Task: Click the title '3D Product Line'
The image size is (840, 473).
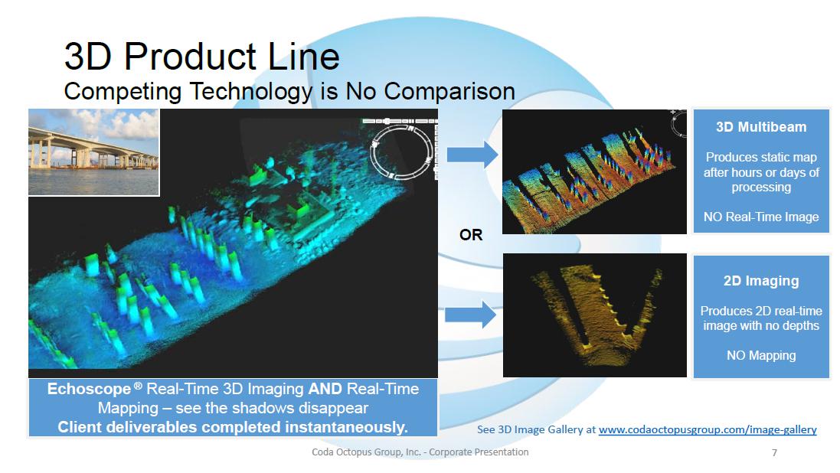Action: (x=202, y=56)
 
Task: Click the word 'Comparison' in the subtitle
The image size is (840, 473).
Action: (x=449, y=92)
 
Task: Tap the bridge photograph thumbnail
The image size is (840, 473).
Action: (x=93, y=152)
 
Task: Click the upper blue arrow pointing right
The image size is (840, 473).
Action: (x=472, y=155)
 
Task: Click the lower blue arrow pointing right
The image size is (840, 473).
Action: (x=471, y=314)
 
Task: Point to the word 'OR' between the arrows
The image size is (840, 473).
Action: (x=471, y=235)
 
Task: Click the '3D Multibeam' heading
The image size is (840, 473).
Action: (x=761, y=127)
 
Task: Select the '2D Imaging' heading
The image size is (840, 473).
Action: (x=761, y=281)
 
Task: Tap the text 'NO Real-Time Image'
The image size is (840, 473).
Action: (x=761, y=217)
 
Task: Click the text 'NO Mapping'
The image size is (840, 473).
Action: (x=761, y=356)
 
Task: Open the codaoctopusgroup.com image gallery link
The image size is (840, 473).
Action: (x=708, y=429)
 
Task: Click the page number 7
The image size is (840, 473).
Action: (x=774, y=452)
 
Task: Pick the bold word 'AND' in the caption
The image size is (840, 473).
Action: (x=325, y=389)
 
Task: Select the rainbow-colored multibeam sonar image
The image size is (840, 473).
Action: (x=595, y=171)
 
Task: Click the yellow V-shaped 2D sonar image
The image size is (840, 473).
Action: (x=595, y=315)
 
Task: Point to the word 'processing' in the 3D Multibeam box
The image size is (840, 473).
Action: (x=761, y=188)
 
